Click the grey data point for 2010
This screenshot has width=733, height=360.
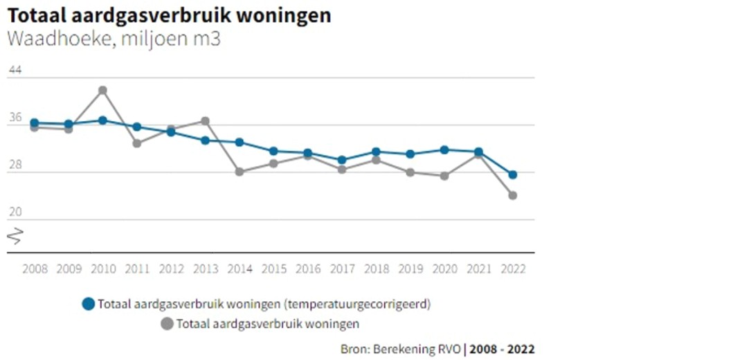pyautogui.click(x=102, y=90)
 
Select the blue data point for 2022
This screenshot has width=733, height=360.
pyautogui.click(x=512, y=174)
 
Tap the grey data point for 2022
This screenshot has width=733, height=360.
pyautogui.click(x=512, y=195)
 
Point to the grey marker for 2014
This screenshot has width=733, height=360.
pyautogui.click(x=239, y=172)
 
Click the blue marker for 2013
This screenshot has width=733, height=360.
pyautogui.click(x=205, y=141)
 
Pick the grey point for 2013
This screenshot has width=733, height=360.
pyautogui.click(x=205, y=121)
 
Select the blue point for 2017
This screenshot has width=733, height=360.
pyautogui.click(x=342, y=160)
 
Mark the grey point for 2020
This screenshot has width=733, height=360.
pyautogui.click(x=444, y=176)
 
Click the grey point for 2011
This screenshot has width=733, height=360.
pyautogui.click(x=137, y=143)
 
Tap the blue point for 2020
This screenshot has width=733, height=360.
pyautogui.click(x=444, y=150)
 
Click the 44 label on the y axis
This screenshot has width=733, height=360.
pyautogui.click(x=15, y=70)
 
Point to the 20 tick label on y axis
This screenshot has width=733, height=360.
pyautogui.click(x=15, y=213)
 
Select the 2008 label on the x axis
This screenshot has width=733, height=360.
pyautogui.click(x=35, y=269)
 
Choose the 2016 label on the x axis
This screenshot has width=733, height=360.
pyautogui.click(x=307, y=269)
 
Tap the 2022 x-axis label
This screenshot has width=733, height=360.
pyautogui.click(x=512, y=269)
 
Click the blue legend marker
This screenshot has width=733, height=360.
pyautogui.click(x=88, y=304)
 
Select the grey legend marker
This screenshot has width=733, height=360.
pyautogui.click(x=166, y=323)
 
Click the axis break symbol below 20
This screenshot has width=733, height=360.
pyautogui.click(x=15, y=236)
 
